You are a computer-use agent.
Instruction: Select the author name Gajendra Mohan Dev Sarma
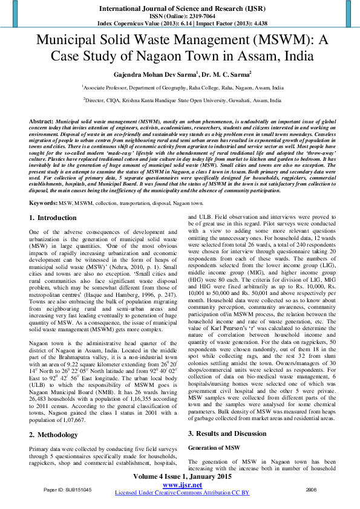click(x=144, y=75)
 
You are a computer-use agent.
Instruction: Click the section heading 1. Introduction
click(x=53, y=217)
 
